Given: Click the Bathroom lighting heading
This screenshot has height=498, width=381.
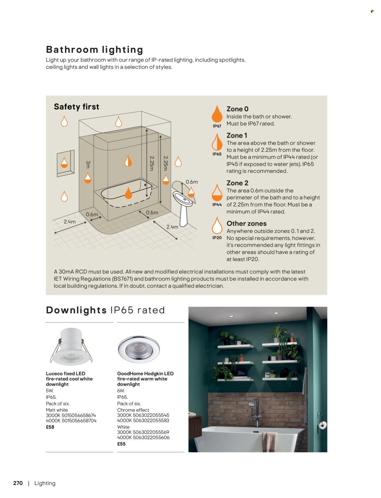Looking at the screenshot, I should pyautogui.click(x=94, y=50).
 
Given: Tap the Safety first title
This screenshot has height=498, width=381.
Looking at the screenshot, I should pyautogui.click(x=77, y=107).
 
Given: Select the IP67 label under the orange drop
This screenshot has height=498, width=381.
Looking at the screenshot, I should pyautogui.click(x=217, y=126).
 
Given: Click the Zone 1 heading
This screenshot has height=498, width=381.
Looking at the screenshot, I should pyautogui.click(x=237, y=135).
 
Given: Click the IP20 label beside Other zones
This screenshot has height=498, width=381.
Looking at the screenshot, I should pyautogui.click(x=217, y=238).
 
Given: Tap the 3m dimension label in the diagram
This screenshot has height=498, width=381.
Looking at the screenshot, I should pyautogui.click(x=88, y=165).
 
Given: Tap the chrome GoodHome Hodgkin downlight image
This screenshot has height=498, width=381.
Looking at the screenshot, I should pyautogui.click(x=139, y=349).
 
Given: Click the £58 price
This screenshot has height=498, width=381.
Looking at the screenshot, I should pyautogui.click(x=50, y=427).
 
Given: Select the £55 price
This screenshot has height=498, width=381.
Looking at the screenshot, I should pyautogui.click(x=121, y=444).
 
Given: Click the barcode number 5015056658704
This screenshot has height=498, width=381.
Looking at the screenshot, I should pyautogui.click(x=79, y=421).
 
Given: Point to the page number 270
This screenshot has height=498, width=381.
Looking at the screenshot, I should pyautogui.click(x=18, y=483).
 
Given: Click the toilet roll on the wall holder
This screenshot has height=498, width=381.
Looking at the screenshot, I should pyautogui.click(x=323, y=425).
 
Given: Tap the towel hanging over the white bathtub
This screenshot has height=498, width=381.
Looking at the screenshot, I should pyautogui.click(x=270, y=441).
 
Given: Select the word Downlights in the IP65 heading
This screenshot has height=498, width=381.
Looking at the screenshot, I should pyautogui.click(x=76, y=310).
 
